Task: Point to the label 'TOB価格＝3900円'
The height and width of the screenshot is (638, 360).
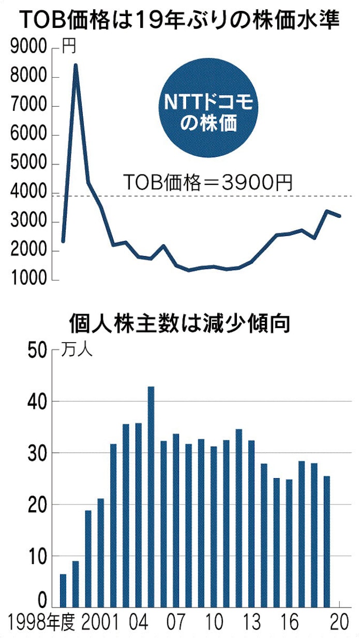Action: click(x=208, y=182)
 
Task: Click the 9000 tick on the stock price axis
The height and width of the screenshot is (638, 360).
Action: click(x=28, y=49)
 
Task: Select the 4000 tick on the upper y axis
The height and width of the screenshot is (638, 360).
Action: click(x=28, y=194)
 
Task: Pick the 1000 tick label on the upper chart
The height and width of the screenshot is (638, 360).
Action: click(x=28, y=280)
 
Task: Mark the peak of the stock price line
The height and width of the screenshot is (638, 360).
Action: click(x=76, y=65)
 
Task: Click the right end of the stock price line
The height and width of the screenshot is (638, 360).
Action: click(x=339, y=216)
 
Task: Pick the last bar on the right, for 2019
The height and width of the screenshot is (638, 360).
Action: click(x=326, y=541)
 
